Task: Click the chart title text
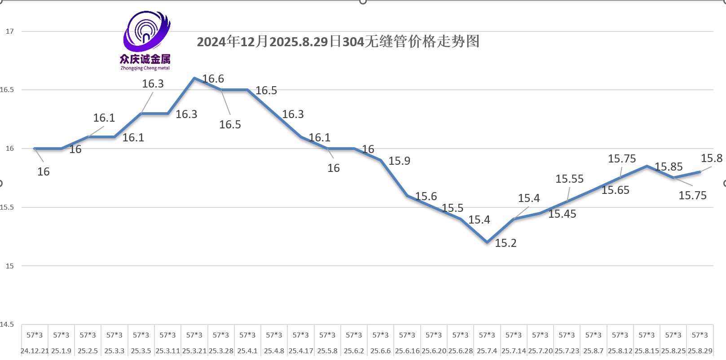(338, 42)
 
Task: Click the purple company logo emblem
(146, 31)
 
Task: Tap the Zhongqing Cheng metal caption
(145, 68)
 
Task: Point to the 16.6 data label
(213, 79)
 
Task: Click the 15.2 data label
(506, 243)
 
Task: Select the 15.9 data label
(399, 161)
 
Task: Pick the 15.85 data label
(669, 167)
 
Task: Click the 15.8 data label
(712, 158)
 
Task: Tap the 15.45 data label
(562, 214)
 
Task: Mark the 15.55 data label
(569, 179)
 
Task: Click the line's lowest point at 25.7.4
(487, 242)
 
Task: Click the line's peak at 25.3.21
(194, 78)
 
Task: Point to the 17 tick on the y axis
(10, 31)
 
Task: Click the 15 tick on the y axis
(10, 266)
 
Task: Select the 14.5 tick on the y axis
(7, 325)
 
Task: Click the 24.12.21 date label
(35, 351)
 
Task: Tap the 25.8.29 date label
(700, 351)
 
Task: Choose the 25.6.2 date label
(354, 351)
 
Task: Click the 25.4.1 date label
(247, 351)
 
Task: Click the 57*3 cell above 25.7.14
(514, 335)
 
